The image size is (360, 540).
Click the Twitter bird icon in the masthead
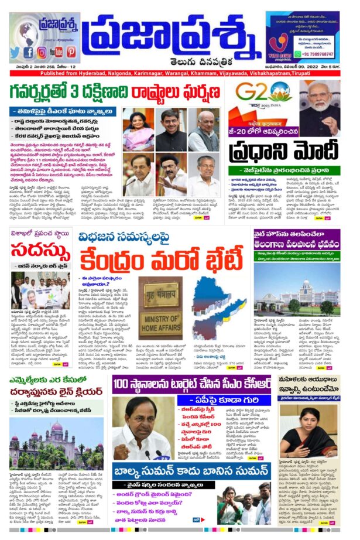point(15,52)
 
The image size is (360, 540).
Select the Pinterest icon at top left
point(71,52)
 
